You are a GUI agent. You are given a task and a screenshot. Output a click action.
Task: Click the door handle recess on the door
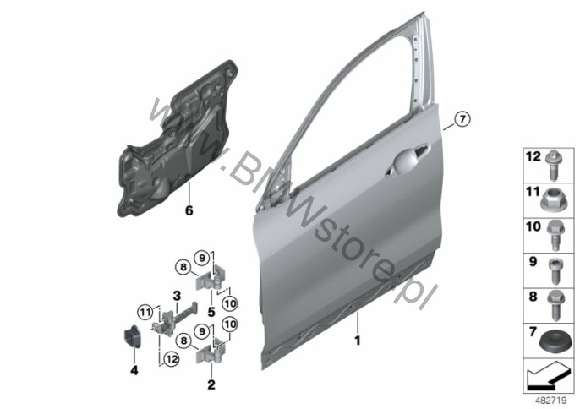pyautogui.click(x=407, y=161)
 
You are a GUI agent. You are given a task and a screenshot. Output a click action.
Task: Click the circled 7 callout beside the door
pyautogui.click(x=462, y=119)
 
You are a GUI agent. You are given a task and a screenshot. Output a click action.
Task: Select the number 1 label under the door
pyautogui.click(x=358, y=341)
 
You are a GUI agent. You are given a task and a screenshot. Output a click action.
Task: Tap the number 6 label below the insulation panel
pyautogui.click(x=189, y=210)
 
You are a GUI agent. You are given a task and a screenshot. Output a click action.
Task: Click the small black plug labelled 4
pyautogui.click(x=130, y=336)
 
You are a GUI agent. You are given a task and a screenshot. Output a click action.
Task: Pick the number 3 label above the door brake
pyautogui.click(x=177, y=296)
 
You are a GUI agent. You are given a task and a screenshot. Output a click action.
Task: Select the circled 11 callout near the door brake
pyautogui.click(x=145, y=313)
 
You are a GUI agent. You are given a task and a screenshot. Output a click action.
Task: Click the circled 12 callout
pyautogui.click(x=172, y=358)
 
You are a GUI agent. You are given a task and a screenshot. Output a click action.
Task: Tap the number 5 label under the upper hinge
pyautogui.click(x=211, y=313)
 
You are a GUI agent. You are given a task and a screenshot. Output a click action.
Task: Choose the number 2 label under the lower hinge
pyautogui.click(x=211, y=384)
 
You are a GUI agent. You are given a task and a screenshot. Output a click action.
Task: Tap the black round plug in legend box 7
pyautogui.click(x=554, y=344)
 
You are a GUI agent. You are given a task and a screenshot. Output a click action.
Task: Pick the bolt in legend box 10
pyautogui.click(x=555, y=236)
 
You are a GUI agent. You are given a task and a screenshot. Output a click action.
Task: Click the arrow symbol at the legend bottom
pyautogui.click(x=548, y=376)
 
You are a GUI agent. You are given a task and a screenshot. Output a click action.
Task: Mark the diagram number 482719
pyautogui.click(x=551, y=401)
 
